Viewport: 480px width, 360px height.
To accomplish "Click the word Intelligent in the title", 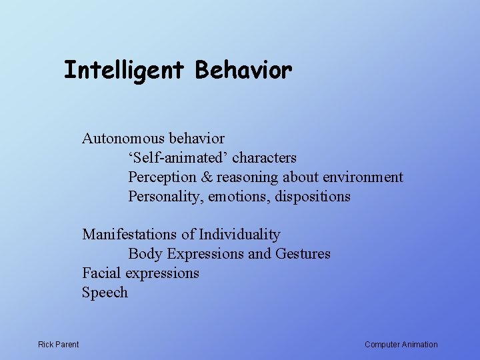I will [x=123, y=69].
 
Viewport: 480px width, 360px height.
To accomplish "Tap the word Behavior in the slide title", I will [x=243, y=69].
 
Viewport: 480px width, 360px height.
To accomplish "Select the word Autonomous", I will [x=123, y=139].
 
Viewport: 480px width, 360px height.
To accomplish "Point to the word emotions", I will [x=235, y=197].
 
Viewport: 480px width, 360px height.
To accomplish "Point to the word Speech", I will [x=105, y=293].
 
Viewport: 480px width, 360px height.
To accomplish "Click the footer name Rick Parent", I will [x=59, y=345].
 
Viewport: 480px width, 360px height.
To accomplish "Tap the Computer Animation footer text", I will [x=401, y=345].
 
